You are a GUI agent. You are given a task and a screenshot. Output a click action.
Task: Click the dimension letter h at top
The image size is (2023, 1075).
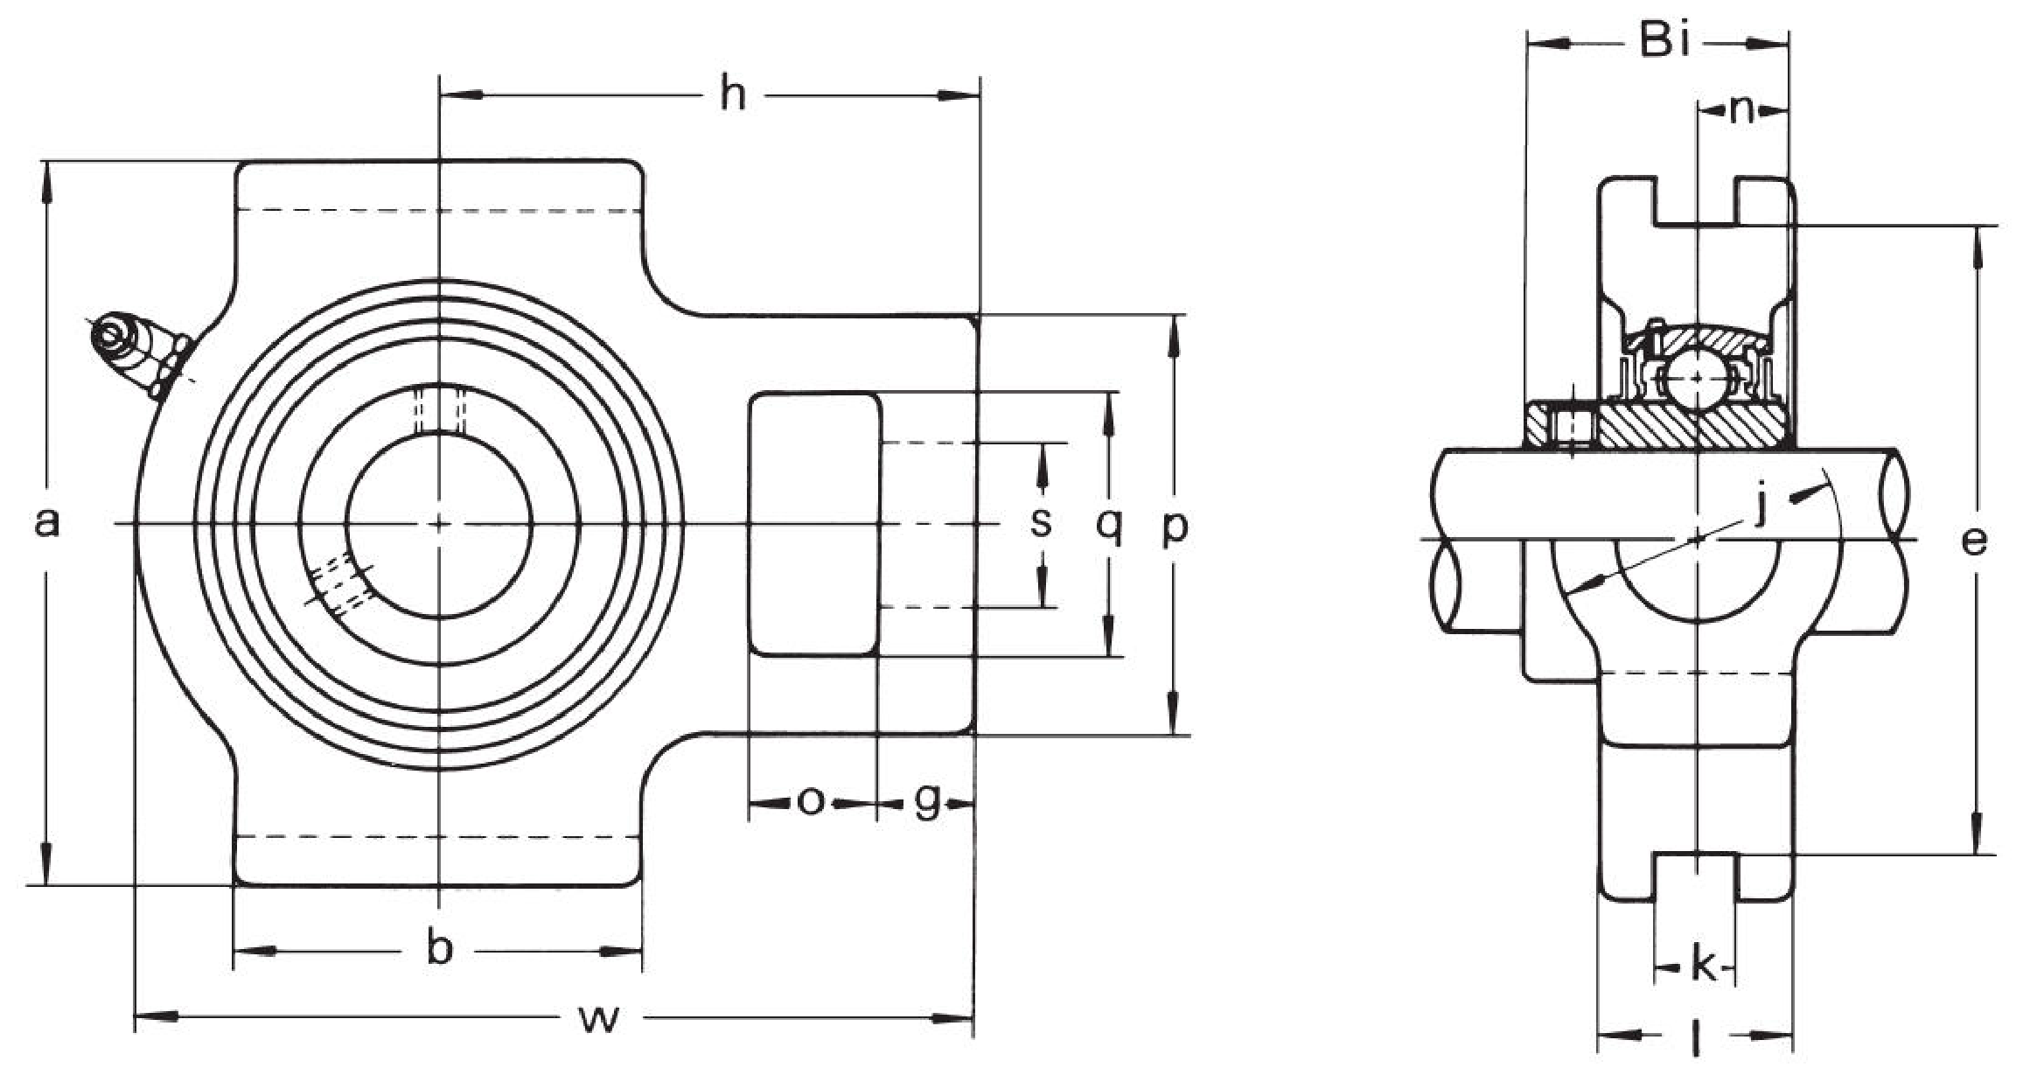[733, 94]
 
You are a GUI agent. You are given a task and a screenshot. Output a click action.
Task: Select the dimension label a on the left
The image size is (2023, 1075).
[47, 523]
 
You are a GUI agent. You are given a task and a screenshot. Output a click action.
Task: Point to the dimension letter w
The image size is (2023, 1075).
[600, 1018]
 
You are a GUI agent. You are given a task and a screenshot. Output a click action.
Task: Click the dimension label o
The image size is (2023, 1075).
[811, 799]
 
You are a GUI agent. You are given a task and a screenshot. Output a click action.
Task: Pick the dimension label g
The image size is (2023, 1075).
[927, 801]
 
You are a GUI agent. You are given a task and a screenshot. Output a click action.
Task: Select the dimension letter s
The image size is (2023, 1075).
[1040, 523]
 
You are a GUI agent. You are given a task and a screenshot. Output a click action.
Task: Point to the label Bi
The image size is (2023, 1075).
[1664, 40]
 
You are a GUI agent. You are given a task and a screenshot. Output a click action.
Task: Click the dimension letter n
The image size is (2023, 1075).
[1742, 110]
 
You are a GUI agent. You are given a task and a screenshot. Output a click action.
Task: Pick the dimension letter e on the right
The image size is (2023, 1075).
[1973, 541]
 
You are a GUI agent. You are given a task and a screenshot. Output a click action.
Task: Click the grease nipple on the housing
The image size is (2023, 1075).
[140, 355]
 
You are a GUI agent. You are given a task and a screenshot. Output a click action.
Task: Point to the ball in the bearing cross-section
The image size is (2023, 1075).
[1697, 378]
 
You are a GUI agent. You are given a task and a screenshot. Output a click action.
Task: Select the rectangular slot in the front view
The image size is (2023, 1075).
[814, 524]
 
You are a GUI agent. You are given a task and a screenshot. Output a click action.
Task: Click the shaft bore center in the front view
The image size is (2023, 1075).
[439, 524]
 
